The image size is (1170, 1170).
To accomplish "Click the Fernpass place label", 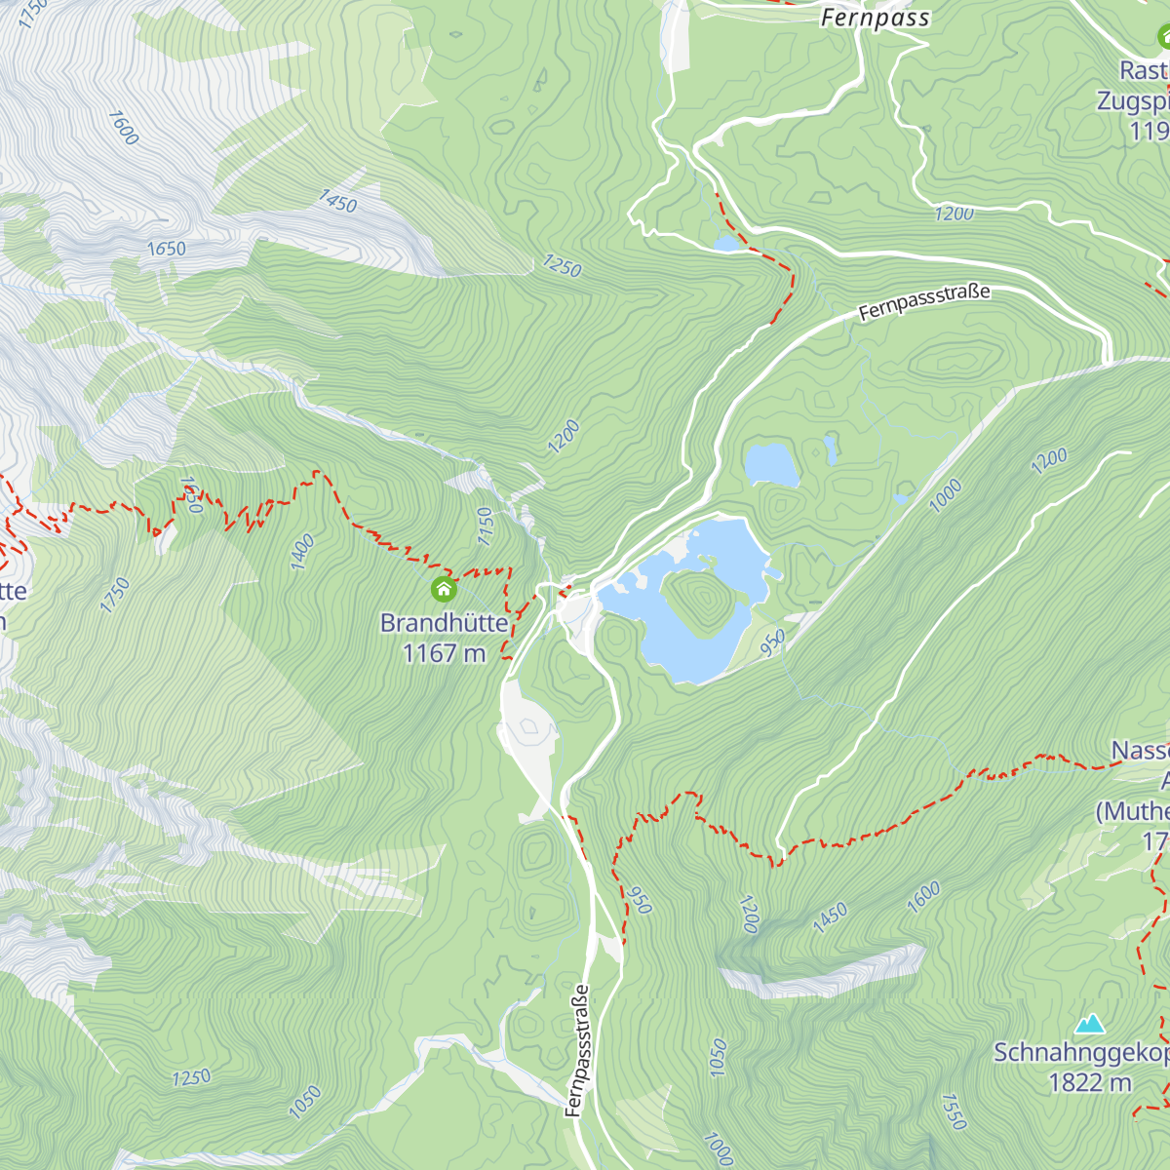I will tap(875, 18).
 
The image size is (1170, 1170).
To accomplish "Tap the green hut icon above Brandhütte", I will tap(444, 589).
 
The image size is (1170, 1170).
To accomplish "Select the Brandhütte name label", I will tap(444, 622).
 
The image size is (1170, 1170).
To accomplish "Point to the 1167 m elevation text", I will tap(444, 652).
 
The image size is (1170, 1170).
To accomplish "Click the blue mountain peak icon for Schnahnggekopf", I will tap(1089, 1024).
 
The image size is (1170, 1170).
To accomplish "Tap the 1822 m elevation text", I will tap(1089, 1082).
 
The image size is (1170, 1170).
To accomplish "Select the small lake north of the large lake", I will tap(771, 464).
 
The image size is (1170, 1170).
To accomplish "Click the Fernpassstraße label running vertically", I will tap(577, 1049).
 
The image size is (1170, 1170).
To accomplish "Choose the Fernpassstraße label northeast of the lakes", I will tap(924, 302).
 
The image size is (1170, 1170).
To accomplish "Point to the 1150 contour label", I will tap(487, 526).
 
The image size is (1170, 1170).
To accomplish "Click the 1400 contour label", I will tap(302, 552).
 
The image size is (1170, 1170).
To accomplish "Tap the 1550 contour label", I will tap(953, 1111).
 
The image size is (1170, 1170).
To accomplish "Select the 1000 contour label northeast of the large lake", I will tap(945, 495).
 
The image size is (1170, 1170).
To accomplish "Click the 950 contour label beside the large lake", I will tap(772, 643).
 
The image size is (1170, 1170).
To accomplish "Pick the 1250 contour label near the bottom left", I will tap(191, 1077).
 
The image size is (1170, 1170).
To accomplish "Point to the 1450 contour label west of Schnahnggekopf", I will tap(830, 917).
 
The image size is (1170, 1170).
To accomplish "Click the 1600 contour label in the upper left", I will tap(123, 128).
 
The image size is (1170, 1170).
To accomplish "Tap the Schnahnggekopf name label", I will tap(1080, 1053).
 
